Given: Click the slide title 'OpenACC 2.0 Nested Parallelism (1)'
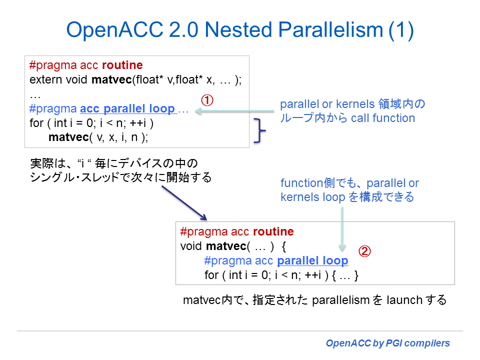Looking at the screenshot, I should pyautogui.click(x=240, y=30).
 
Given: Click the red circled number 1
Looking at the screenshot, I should pyautogui.click(x=207, y=100).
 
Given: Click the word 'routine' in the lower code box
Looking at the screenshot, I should pyautogui.click(x=273, y=232).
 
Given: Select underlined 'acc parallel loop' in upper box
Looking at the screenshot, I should pyautogui.click(x=127, y=109).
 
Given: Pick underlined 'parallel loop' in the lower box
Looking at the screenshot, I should pyautogui.click(x=312, y=260).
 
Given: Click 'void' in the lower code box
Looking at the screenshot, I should pyautogui.click(x=191, y=246).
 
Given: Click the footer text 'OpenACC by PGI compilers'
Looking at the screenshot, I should pyautogui.click(x=387, y=343).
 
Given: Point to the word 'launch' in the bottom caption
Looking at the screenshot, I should pyautogui.click(x=403, y=300).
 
